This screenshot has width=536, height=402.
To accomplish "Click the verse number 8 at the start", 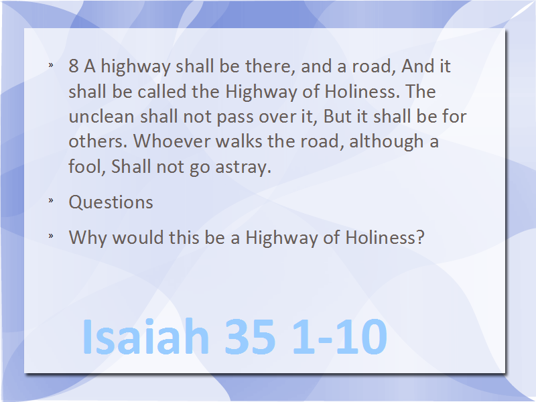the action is click(x=74, y=66).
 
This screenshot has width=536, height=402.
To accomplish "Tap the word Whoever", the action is click(x=172, y=141).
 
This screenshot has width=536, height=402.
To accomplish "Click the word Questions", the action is click(x=111, y=202).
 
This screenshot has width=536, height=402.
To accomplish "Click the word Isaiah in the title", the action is click(x=145, y=336).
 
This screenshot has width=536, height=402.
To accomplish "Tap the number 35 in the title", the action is click(x=250, y=336).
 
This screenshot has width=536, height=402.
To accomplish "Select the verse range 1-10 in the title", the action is click(x=340, y=336).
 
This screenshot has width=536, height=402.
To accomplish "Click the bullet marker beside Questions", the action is click(x=51, y=200).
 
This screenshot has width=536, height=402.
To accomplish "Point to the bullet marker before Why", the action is click(x=51, y=235).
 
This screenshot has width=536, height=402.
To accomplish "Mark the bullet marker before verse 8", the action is click(x=51, y=64).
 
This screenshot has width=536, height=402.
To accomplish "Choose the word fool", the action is click(x=87, y=166).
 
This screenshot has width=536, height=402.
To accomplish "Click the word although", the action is click(x=387, y=141).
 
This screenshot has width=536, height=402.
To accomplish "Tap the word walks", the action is click(x=239, y=141).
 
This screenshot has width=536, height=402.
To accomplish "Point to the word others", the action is click(x=98, y=141).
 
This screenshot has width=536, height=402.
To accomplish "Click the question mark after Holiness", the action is click(x=420, y=237).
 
